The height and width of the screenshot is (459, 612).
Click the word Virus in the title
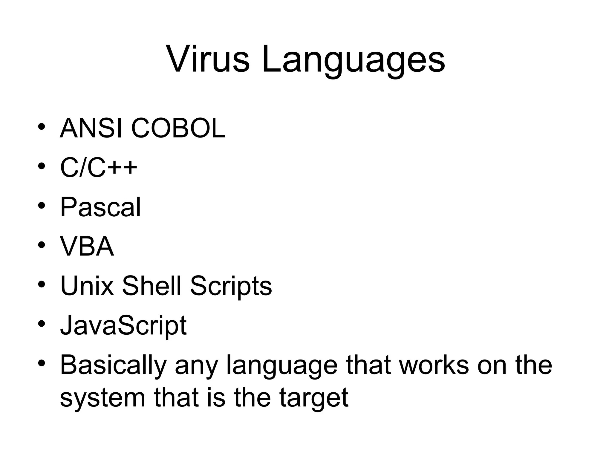coord(207,59)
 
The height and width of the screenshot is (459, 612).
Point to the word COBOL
coord(178,128)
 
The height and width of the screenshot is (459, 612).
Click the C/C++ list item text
coord(99,168)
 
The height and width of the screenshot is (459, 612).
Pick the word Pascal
coord(100,207)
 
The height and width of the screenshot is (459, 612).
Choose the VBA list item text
coord(87,247)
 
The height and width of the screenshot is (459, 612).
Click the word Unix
coord(87,286)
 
